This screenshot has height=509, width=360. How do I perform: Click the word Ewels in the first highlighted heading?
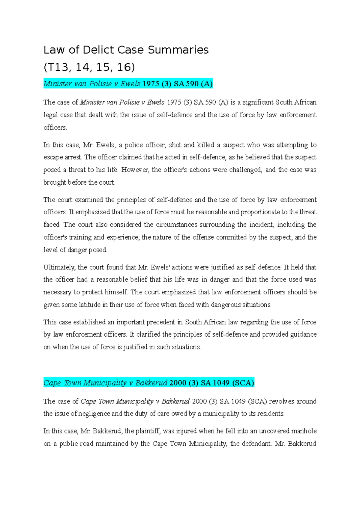(x=130, y=84)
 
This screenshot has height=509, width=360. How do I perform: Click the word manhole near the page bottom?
(x=304, y=431)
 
